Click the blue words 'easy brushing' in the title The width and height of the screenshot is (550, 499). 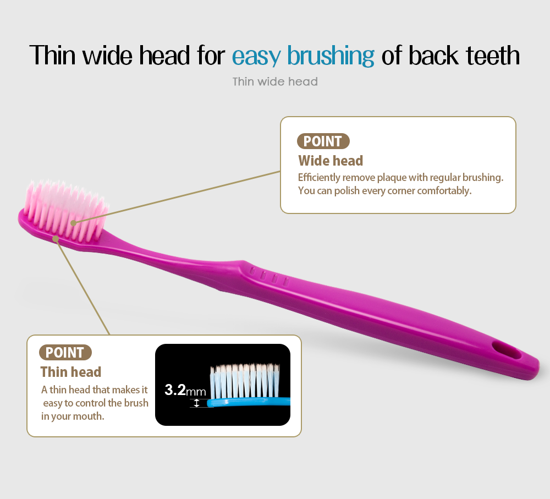click(303, 56)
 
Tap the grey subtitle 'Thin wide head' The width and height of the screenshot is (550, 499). click(275, 82)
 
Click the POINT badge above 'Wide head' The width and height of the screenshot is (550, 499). click(323, 141)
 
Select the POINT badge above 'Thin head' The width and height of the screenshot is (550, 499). click(65, 353)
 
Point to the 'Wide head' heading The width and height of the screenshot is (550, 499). click(331, 161)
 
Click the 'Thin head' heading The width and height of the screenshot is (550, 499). click(71, 372)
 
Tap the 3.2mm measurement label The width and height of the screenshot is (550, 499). click(185, 390)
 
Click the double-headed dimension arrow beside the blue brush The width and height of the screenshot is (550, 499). click(196, 403)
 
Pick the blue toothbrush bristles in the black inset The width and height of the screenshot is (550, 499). click(245, 381)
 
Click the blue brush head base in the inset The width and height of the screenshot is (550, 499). click(249, 402)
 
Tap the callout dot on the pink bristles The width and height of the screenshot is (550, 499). click(73, 223)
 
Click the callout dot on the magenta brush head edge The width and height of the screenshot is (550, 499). click(56, 239)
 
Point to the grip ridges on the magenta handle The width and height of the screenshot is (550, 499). click(269, 276)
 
